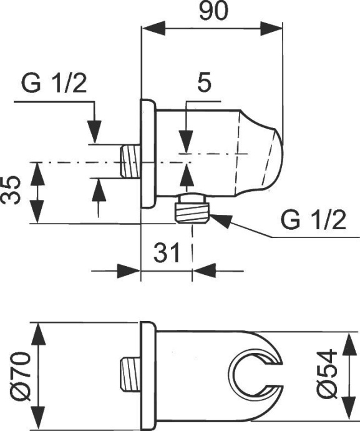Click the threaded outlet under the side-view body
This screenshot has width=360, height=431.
(192, 209)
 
